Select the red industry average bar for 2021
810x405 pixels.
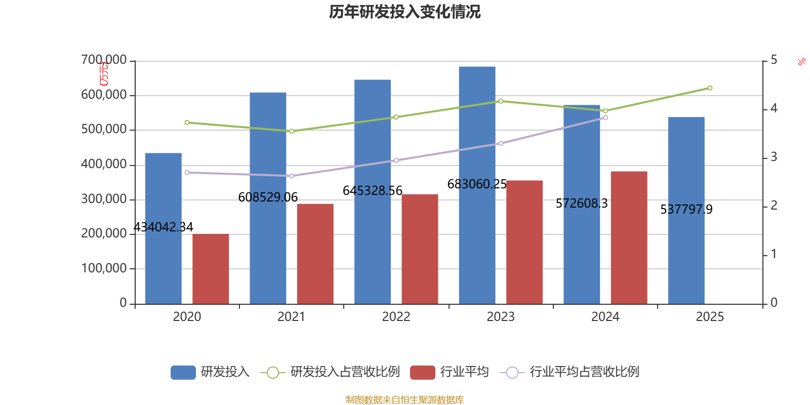(315, 253)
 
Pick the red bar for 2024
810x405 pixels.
(629, 238)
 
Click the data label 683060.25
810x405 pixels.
(476, 184)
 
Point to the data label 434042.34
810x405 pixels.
(163, 227)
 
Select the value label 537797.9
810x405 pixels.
(686, 210)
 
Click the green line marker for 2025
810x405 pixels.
(710, 88)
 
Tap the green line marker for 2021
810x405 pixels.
(292, 131)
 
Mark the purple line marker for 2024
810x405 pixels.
(605, 117)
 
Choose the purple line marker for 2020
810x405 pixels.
(187, 173)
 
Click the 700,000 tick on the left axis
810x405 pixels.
(104, 60)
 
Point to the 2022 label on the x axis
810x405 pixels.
(396, 317)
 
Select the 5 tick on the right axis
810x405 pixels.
(774, 60)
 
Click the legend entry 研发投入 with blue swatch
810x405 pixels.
(210, 372)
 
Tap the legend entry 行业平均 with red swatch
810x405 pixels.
(450, 372)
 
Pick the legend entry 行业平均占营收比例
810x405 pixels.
(570, 372)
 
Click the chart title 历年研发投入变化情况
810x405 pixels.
(404, 12)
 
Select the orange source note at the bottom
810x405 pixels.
(404, 400)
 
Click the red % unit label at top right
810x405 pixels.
(801, 62)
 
